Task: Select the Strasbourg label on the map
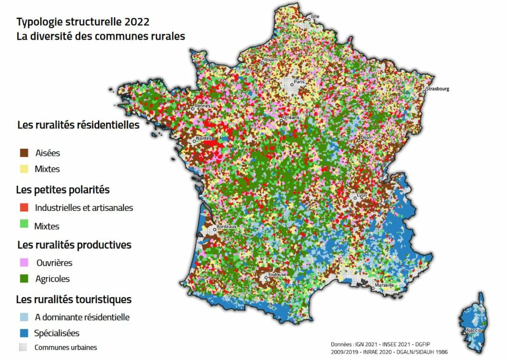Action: click(437, 89)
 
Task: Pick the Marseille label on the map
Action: click(385, 285)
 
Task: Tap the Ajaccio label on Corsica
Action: click(472, 329)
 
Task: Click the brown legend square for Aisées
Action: click(23, 153)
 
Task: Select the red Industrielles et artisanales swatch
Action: click(23, 207)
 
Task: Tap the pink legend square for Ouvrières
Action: click(23, 262)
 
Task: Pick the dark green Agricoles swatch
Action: click(23, 279)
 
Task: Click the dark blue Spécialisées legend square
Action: click(23, 333)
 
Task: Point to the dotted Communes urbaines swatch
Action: click(23, 347)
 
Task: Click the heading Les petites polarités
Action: click(63, 189)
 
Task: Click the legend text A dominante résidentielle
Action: click(82, 317)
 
